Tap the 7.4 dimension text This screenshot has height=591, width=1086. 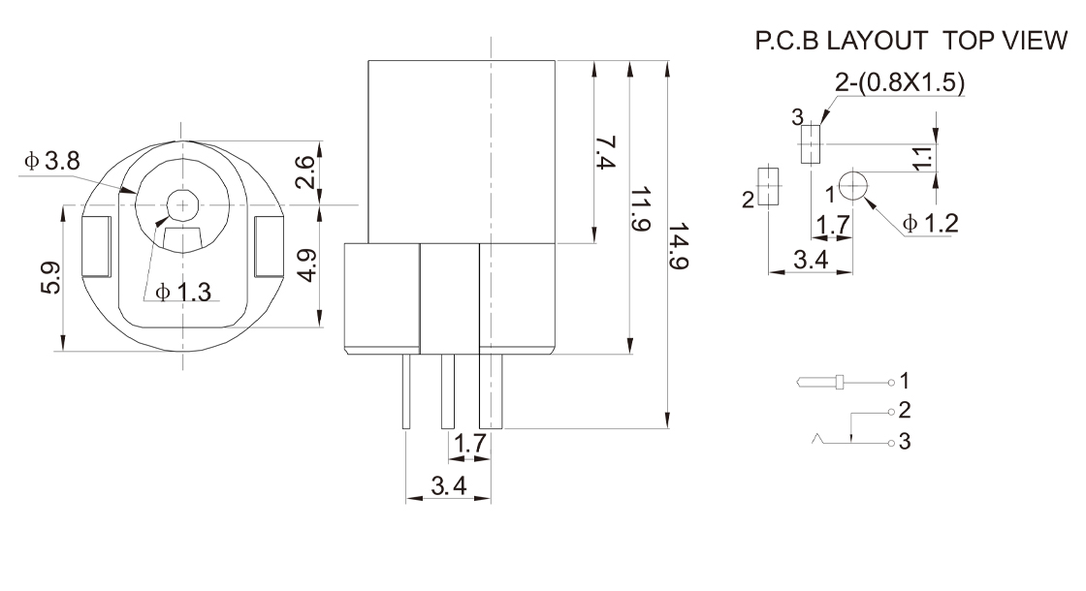click(x=605, y=152)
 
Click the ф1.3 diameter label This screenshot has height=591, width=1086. click(x=183, y=292)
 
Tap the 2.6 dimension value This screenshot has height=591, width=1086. click(x=305, y=171)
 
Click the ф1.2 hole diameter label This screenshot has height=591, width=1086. click(x=930, y=224)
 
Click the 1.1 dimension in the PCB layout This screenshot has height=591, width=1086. click(x=922, y=156)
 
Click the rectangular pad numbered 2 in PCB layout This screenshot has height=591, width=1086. click(x=768, y=185)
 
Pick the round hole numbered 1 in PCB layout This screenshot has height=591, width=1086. click(x=852, y=181)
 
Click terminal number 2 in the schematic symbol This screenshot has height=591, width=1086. click(x=904, y=410)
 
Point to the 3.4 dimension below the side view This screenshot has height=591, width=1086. click(x=448, y=484)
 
